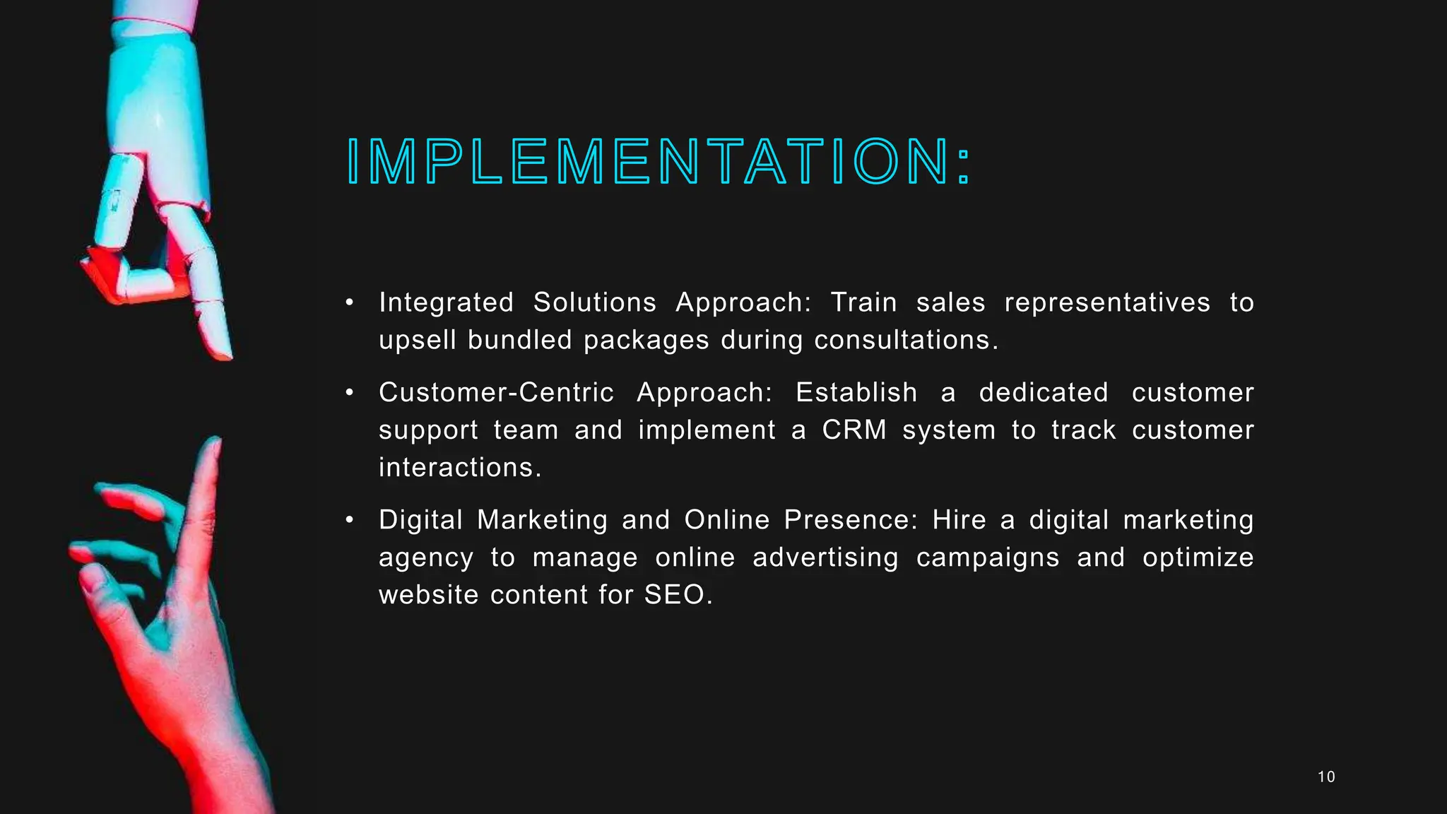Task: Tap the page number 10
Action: (x=1326, y=777)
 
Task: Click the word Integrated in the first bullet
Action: (x=446, y=302)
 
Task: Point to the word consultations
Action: (x=906, y=340)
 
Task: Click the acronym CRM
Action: (x=854, y=430)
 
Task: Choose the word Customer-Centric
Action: (x=496, y=392)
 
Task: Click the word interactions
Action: (x=459, y=467)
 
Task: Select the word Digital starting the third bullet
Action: (x=420, y=520)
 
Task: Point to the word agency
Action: (x=425, y=558)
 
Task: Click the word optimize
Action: (x=1198, y=558)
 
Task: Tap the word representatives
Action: (x=1106, y=302)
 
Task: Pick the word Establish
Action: (x=856, y=392)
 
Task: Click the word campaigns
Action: (x=987, y=558)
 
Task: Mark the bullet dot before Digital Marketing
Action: (x=349, y=520)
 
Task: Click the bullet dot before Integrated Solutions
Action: (x=349, y=302)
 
